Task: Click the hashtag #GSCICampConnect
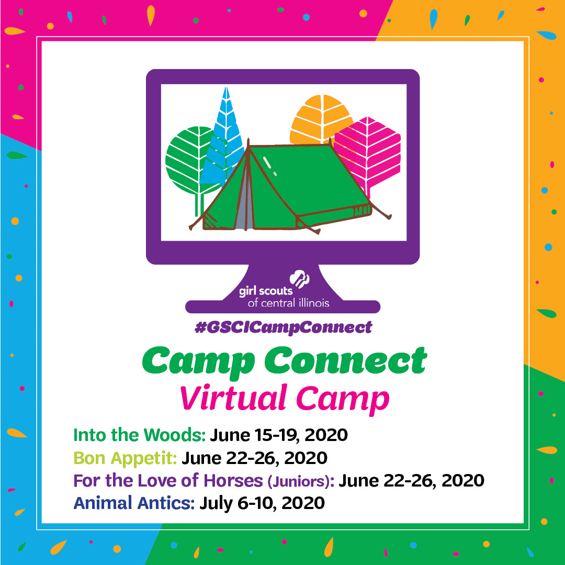pos(283,327)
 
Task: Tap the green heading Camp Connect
pos(285,362)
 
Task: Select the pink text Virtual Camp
pos(285,399)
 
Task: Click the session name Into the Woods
pos(139,435)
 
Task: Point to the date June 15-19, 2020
pos(279,435)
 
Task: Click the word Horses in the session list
pos(233,481)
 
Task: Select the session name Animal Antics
pos(134,503)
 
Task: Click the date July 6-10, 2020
pos(262,503)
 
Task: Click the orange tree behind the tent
pos(321,119)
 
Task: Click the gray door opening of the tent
pos(244,202)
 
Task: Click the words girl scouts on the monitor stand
pos(266,291)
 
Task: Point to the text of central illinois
pos(288,303)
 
